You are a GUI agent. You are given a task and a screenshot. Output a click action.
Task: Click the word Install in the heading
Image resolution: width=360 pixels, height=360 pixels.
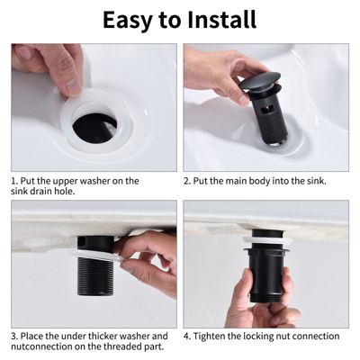coord(222,20)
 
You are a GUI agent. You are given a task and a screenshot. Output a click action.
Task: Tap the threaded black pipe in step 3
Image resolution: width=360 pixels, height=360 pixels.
coord(94,276)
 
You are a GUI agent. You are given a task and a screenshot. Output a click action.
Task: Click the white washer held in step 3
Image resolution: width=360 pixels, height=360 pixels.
coord(95,256)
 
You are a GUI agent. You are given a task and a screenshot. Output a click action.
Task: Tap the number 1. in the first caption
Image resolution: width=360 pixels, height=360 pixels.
coord(15,181)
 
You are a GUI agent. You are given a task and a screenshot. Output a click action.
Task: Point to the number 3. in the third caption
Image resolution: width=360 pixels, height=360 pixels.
coord(14,336)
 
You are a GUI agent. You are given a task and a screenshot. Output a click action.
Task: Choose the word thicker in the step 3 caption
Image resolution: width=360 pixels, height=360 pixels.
coord(91,336)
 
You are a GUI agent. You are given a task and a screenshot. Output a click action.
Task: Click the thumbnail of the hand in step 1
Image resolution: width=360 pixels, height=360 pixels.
coord(51,67)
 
